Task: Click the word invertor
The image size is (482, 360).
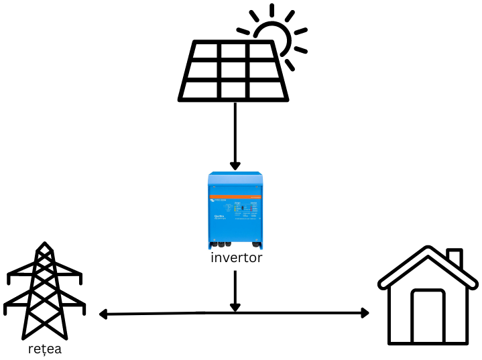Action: click(235, 258)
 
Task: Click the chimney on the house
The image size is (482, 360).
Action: click(454, 259)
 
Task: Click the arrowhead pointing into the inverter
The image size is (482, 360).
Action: click(235, 166)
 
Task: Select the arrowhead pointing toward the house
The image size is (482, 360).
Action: click(365, 313)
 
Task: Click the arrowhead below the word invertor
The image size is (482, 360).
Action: click(235, 306)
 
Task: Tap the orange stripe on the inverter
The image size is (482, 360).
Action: click(235, 188)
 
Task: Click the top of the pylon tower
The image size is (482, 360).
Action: click(44, 247)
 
